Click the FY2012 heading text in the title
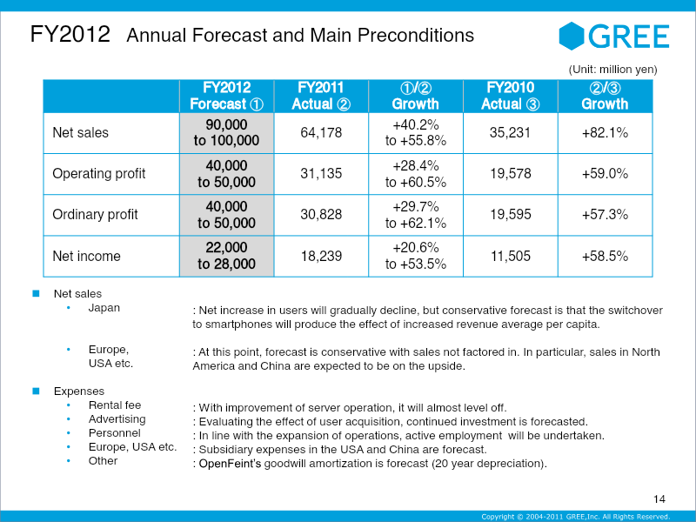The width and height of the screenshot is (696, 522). point(70,35)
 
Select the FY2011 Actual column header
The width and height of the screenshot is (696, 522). point(320,96)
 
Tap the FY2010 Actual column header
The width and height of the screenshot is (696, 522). point(511,96)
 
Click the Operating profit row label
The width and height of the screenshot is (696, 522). point(99,174)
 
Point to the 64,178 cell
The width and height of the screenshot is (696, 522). point(320,133)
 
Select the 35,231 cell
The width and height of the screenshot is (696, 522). point(511,133)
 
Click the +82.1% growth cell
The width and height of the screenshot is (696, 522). point(605,133)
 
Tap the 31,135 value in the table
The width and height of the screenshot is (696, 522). point(320,174)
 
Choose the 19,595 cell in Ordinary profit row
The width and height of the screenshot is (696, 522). point(511,215)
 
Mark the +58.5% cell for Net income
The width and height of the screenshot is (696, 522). point(605,257)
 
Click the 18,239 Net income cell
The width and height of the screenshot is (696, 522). point(320,257)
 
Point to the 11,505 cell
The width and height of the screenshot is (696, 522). point(511,257)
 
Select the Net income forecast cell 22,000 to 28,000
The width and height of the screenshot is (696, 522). point(226,257)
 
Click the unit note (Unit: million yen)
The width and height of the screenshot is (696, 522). point(612,69)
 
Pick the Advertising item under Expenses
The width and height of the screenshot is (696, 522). point(117,419)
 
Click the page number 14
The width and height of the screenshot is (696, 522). point(659,499)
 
